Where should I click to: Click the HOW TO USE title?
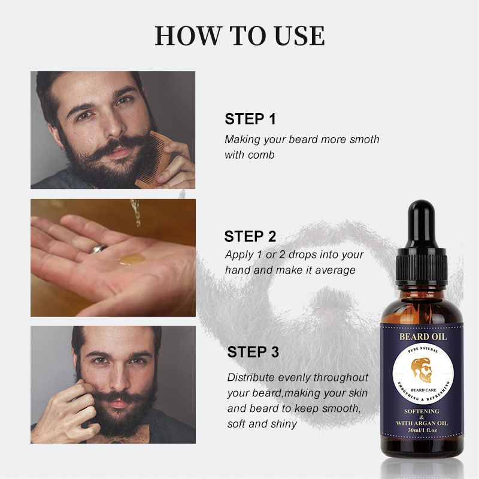click(x=240, y=36)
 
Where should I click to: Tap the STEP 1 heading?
click(x=250, y=119)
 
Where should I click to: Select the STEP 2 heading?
click(x=250, y=237)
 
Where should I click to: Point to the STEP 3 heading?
click(x=253, y=351)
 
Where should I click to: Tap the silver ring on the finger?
click(x=98, y=248)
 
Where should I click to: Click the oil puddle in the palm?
click(x=131, y=259)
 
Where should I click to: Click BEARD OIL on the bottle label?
click(x=423, y=336)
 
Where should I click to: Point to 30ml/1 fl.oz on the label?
click(x=423, y=430)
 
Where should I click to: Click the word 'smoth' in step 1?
click(x=365, y=140)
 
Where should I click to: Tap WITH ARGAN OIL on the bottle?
click(x=422, y=423)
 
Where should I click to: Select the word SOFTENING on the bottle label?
click(x=422, y=411)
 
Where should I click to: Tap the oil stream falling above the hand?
click(x=136, y=213)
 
